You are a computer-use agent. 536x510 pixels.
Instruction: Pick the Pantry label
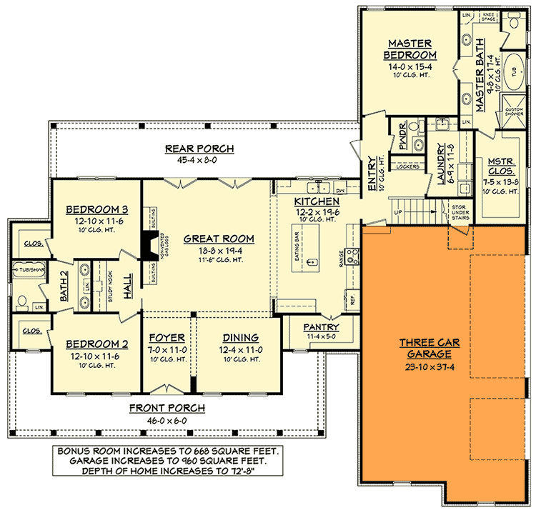click(322, 327)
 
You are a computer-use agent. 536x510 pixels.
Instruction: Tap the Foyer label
click(167, 338)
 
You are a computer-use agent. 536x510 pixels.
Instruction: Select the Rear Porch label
click(190, 149)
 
